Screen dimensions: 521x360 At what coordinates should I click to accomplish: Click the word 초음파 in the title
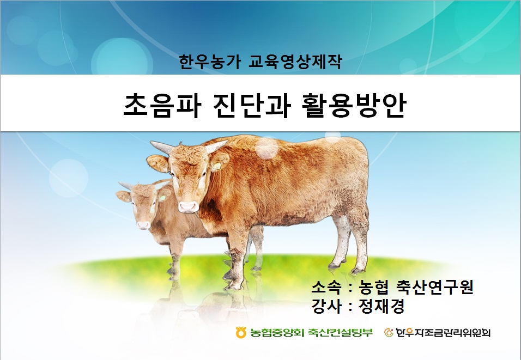click(162, 105)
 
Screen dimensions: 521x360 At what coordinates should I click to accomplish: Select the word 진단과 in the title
click(251, 105)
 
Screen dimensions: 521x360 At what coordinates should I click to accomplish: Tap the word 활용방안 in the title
click(354, 105)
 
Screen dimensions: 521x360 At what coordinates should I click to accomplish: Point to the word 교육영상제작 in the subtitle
click(295, 62)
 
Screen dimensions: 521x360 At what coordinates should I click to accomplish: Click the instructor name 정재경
click(381, 306)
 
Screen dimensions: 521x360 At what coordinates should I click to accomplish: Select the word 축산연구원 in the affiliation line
click(434, 287)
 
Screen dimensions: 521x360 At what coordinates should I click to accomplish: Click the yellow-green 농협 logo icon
click(241, 332)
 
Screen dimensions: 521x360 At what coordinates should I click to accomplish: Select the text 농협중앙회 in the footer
click(277, 332)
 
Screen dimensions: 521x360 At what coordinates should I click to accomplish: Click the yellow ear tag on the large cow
click(217, 166)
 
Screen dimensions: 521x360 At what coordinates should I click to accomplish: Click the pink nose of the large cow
click(189, 207)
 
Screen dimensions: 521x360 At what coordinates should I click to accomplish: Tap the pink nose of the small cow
click(143, 225)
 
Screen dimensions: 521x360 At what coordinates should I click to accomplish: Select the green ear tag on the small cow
click(162, 198)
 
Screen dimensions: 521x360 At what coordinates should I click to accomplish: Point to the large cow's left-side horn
click(162, 147)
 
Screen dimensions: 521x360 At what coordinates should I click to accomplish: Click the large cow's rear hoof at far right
click(358, 270)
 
